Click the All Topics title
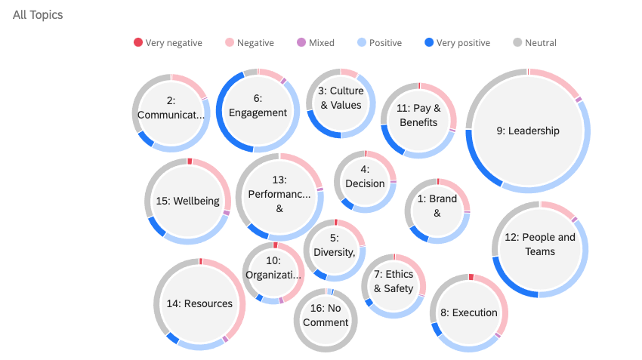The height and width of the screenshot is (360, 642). coord(38,15)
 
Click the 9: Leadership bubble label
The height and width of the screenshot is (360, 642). coord(528,131)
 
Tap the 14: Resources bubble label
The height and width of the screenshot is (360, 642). coord(200,304)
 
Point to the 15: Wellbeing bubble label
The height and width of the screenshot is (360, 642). coord(188,202)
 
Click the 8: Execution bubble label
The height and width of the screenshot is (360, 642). coord(469,312)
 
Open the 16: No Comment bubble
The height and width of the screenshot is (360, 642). coord(326,315)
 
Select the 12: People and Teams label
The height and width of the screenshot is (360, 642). coord(540,245)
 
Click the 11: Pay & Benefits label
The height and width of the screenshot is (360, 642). coord(418,115)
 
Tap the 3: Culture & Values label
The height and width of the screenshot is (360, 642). coord(341,98)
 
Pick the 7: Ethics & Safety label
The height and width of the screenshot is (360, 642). coord(394,282)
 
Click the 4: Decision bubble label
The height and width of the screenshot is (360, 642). coord(365,177)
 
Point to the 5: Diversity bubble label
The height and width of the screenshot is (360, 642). coord(335,245)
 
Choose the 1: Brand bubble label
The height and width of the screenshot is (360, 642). coord(437,206)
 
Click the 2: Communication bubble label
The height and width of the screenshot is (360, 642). coord(171,108)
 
